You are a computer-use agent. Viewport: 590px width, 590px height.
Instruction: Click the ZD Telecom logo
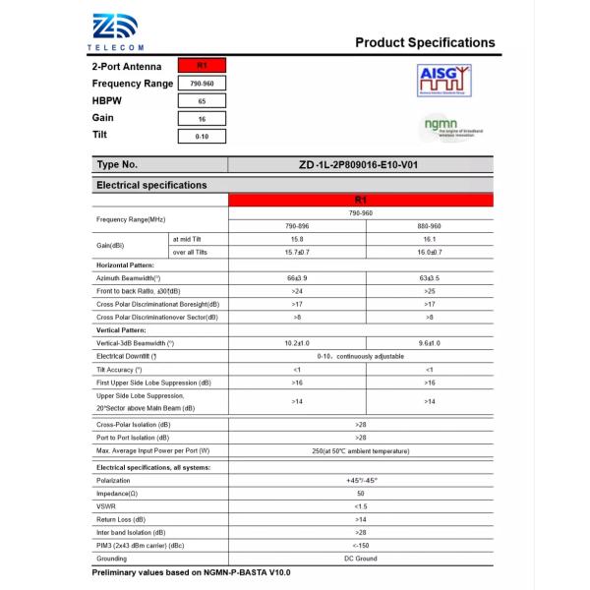tap(117, 31)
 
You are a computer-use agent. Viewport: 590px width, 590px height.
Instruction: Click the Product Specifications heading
tap(425, 42)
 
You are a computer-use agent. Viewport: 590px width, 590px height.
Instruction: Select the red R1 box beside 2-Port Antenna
tap(202, 66)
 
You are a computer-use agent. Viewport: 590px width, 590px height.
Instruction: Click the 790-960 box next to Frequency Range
tap(202, 84)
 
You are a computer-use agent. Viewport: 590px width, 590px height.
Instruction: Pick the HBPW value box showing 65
tap(202, 101)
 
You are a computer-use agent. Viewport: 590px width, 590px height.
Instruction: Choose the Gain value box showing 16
tap(202, 119)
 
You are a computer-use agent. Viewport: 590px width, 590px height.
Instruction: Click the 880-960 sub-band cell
tap(429, 225)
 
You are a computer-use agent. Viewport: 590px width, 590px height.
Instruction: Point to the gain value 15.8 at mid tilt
tap(296, 239)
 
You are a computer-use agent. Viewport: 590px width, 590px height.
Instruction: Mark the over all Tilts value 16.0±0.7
tap(429, 253)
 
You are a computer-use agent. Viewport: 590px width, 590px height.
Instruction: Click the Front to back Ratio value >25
tap(429, 292)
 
